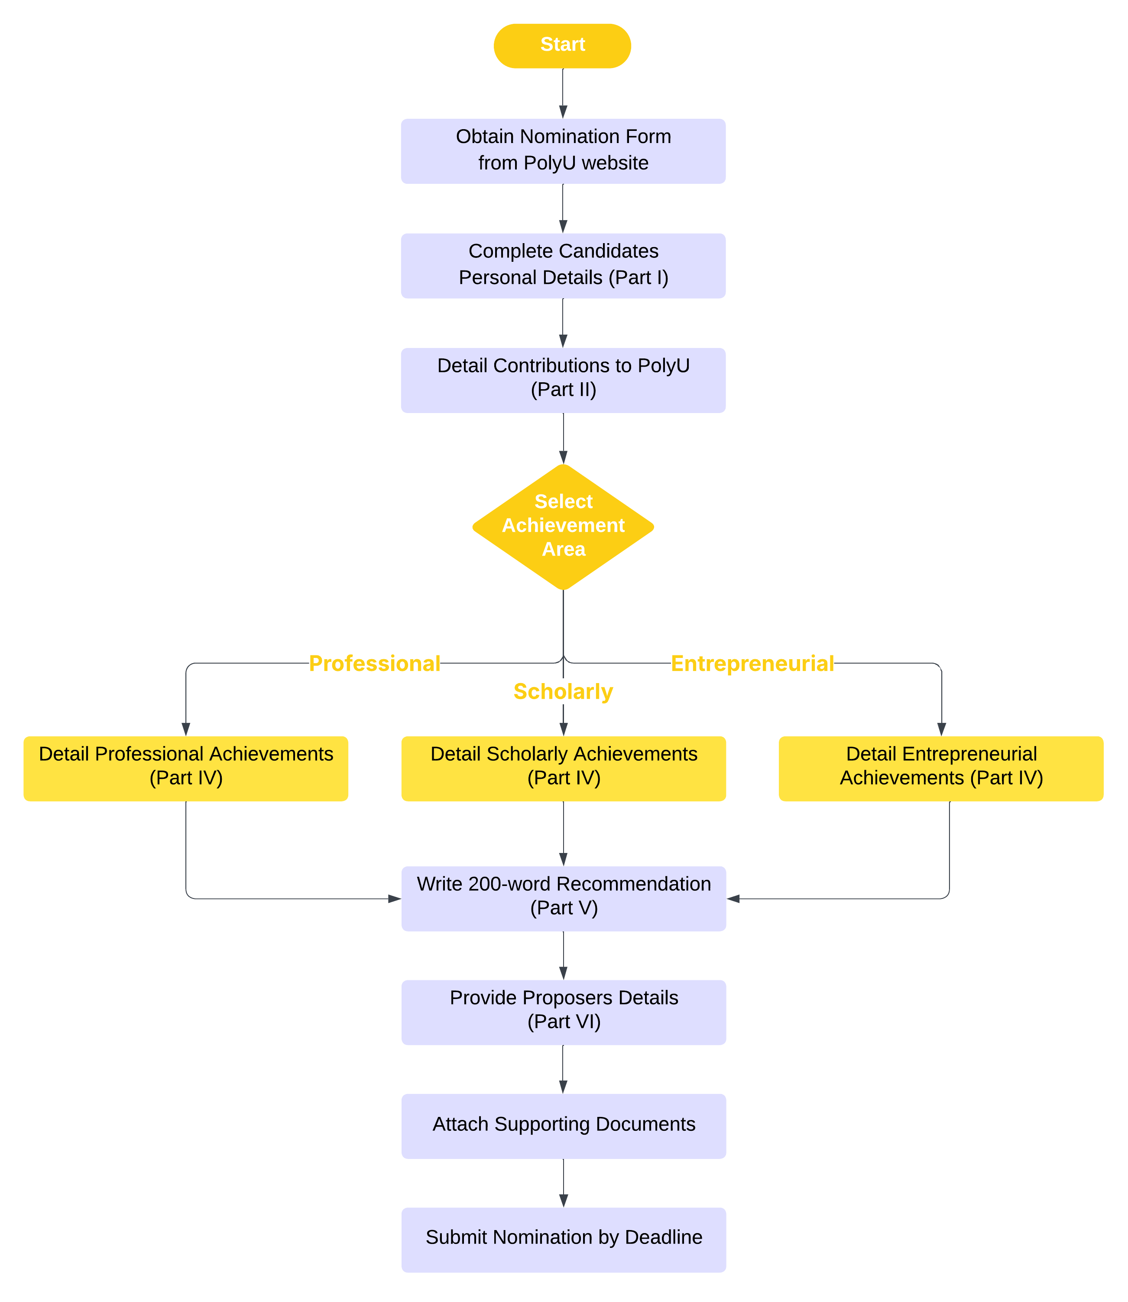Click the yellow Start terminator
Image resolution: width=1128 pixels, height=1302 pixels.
pyautogui.click(x=562, y=46)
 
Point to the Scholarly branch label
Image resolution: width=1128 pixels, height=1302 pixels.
pyautogui.click(x=563, y=691)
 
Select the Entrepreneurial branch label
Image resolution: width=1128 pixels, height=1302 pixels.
pyautogui.click(x=752, y=663)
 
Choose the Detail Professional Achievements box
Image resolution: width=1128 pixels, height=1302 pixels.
pyautogui.click(x=186, y=768)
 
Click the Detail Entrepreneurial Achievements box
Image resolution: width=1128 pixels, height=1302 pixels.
pyautogui.click(x=940, y=768)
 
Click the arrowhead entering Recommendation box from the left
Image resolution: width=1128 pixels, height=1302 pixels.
pyautogui.click(x=395, y=898)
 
